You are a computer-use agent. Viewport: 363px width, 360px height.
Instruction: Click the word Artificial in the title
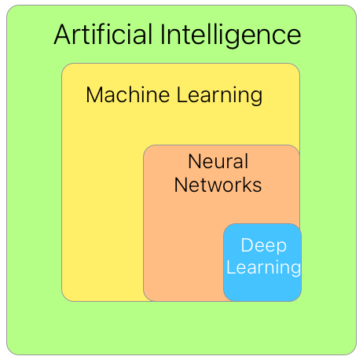(x=104, y=35)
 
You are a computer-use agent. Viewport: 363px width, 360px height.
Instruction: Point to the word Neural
(x=218, y=162)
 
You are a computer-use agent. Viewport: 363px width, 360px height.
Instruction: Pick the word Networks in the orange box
(x=218, y=186)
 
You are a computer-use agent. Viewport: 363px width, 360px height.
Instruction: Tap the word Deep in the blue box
(x=263, y=246)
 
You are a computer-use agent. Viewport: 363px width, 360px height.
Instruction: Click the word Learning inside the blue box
(x=263, y=268)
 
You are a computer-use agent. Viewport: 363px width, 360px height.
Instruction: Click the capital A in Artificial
(x=63, y=35)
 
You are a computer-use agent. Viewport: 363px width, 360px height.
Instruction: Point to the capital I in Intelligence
(x=163, y=35)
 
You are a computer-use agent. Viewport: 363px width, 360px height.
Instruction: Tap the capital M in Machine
(x=94, y=95)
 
